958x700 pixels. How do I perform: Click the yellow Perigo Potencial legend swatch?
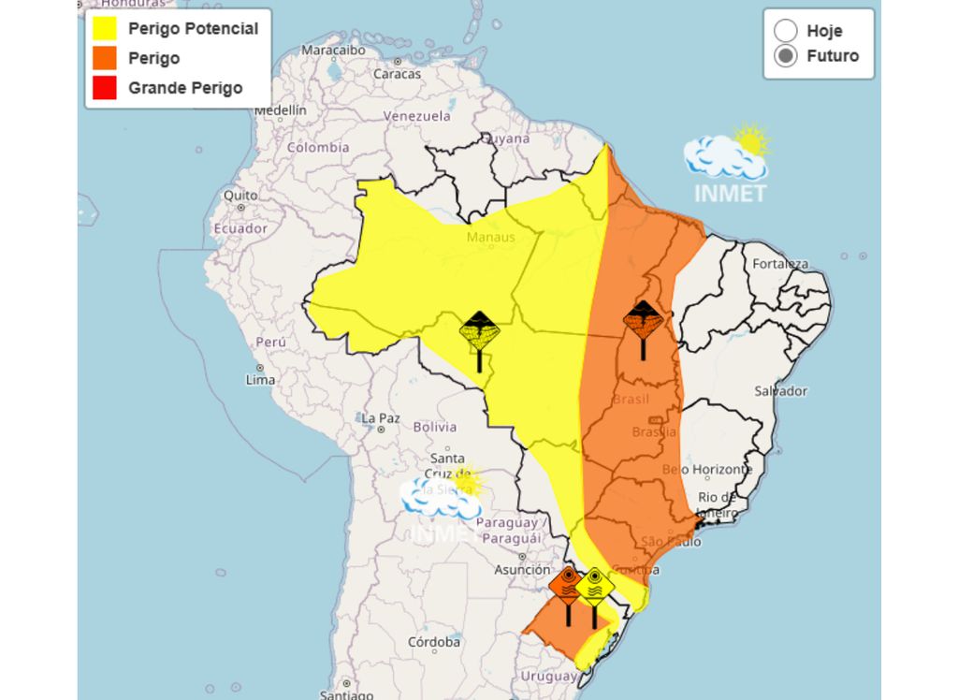[105, 29]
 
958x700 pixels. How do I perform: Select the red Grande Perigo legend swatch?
[105, 88]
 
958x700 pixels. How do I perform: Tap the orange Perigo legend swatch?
[105, 58]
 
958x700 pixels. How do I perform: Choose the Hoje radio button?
[786, 31]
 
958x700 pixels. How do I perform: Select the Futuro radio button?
[786, 56]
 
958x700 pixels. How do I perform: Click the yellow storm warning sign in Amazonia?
[480, 333]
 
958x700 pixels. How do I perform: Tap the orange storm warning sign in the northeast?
[643, 322]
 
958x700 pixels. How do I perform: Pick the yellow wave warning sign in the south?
[594, 588]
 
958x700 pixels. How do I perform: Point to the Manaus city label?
[491, 237]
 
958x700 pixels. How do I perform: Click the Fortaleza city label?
[780, 264]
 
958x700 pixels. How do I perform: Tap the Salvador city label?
[780, 390]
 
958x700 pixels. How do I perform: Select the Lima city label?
[260, 380]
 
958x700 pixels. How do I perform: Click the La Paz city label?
[381, 417]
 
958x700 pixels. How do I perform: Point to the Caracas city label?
[397, 74]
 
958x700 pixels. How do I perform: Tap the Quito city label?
[240, 196]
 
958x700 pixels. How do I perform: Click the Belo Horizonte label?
[706, 469]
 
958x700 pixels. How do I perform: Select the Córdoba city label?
[434, 643]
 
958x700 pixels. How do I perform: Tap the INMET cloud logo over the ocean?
[728, 164]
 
